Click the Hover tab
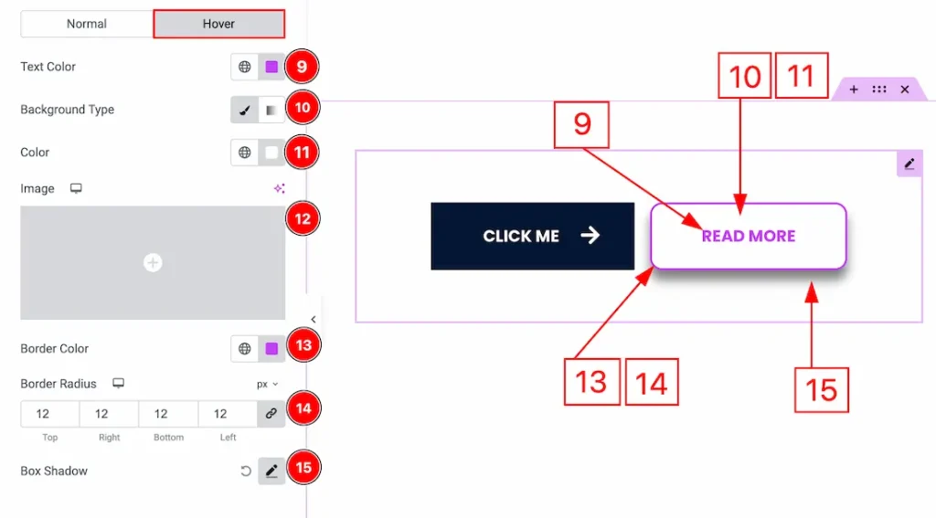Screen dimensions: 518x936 [218, 24]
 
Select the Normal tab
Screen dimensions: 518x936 [87, 24]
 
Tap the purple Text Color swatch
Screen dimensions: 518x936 [271, 67]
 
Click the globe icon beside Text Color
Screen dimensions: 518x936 [245, 67]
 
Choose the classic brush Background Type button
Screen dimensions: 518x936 [245, 110]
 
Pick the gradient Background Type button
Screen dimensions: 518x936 [271, 110]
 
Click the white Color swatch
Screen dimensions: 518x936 [271, 153]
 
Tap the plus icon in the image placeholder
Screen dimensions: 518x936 [153, 263]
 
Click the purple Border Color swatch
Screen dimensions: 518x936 [271, 349]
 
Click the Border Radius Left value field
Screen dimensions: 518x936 [228, 414]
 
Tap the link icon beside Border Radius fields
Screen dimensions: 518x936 [271, 414]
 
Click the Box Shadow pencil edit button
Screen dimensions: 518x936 [271, 471]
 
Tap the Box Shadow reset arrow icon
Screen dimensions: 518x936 [245, 471]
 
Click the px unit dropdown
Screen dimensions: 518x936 [268, 385]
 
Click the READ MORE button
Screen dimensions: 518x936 [749, 236]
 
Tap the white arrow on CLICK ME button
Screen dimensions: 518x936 [590, 236]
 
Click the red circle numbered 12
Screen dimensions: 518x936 [303, 219]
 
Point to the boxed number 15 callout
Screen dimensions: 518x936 [821, 390]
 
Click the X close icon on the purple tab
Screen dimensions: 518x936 [905, 90]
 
